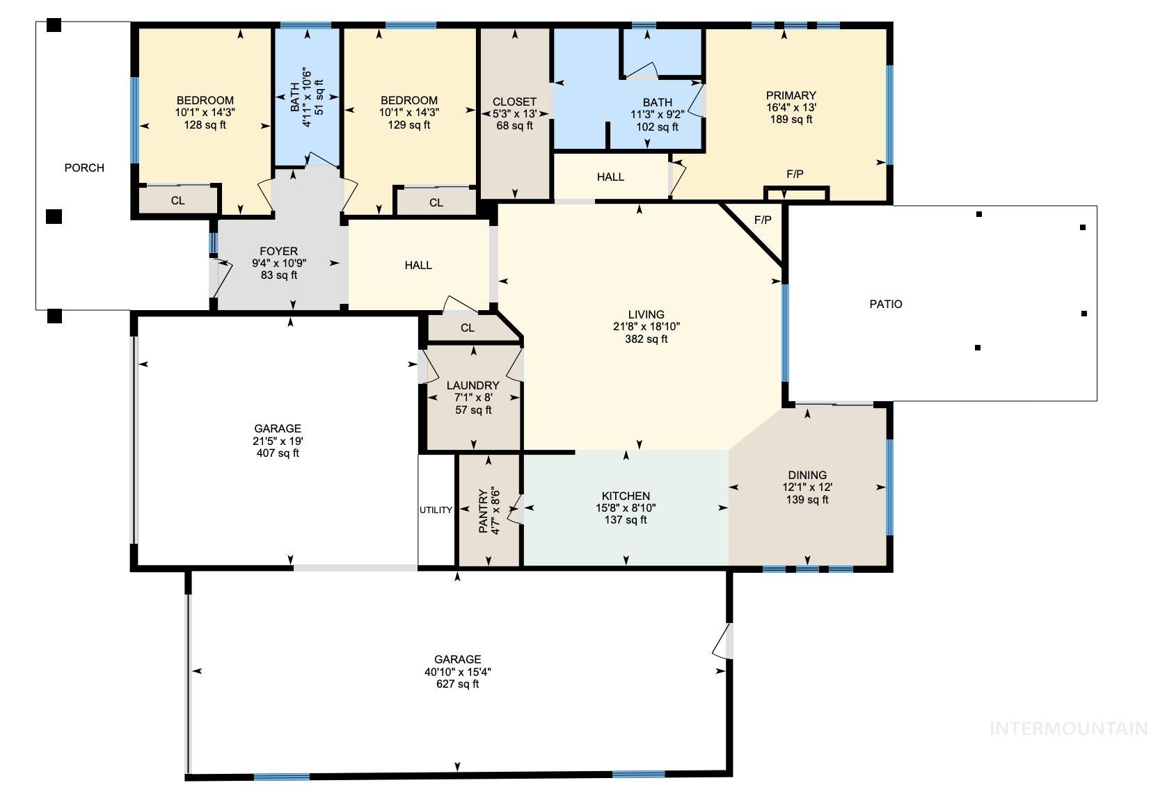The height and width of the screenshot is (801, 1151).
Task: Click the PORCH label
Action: [84, 168]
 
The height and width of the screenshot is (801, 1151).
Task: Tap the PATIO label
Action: [885, 304]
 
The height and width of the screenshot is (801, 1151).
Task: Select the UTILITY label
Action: [436, 510]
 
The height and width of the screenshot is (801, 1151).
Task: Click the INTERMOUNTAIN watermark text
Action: [1067, 729]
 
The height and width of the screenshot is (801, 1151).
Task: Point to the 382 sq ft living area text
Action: [646, 339]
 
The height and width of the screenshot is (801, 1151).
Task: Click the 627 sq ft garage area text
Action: [457, 684]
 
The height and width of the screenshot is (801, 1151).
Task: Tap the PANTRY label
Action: [484, 510]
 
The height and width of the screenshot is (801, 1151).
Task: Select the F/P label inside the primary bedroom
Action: [795, 175]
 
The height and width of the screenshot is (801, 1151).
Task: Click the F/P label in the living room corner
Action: [763, 220]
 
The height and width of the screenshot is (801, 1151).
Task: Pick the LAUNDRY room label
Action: [473, 385]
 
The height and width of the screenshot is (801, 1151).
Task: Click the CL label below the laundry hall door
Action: [467, 328]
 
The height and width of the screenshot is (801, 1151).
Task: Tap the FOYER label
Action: [278, 251]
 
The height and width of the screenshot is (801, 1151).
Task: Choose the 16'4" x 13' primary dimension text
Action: [791, 107]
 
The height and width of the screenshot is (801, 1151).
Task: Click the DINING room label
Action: [807, 475]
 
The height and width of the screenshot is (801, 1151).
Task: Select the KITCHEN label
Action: [626, 496]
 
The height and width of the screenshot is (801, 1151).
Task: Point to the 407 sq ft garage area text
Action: [278, 453]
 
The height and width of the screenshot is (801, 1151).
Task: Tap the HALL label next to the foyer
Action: [418, 265]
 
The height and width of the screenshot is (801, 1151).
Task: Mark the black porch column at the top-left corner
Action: [54, 26]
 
